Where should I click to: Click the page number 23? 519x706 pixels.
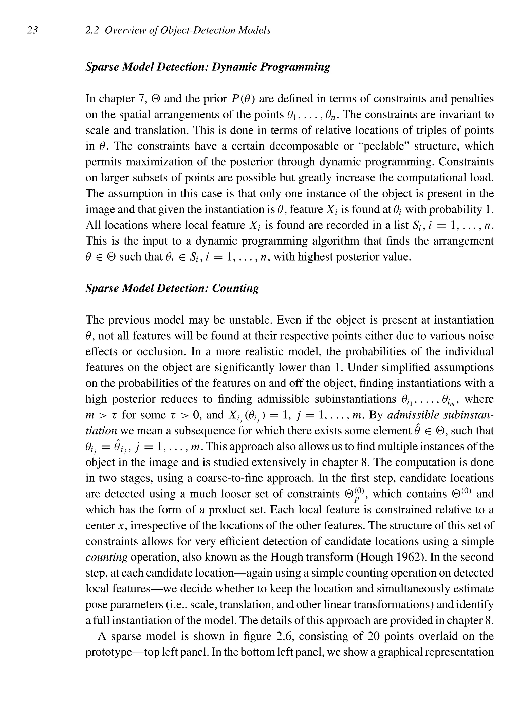point(33,30)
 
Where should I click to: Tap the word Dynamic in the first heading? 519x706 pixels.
point(234,67)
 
